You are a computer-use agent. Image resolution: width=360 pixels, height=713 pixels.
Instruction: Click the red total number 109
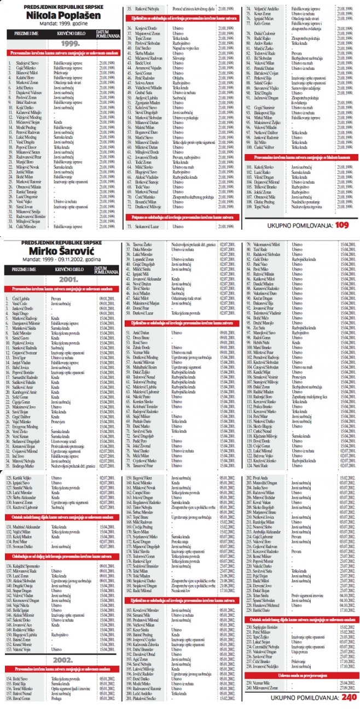coord(342,225)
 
